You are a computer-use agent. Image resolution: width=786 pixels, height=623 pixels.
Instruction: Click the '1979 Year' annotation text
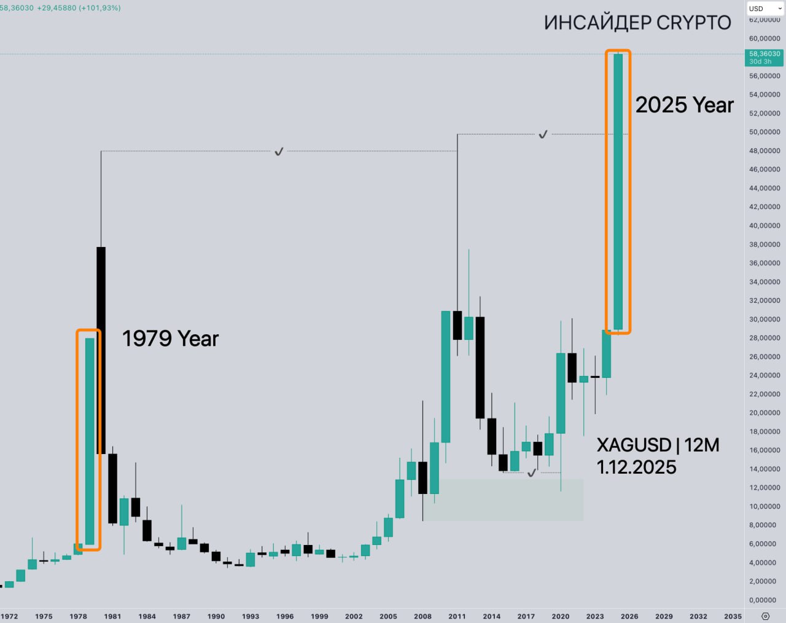click(170, 339)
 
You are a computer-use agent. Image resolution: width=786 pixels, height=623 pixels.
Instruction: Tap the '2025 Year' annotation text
click(684, 105)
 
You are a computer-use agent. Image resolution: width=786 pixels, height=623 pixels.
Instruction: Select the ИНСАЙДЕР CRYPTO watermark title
click(637, 23)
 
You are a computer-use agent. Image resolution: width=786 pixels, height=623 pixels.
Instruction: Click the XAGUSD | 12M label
click(658, 445)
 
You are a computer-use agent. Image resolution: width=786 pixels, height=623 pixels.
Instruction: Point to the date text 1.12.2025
click(636, 467)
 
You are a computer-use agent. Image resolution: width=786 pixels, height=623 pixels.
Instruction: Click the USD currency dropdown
click(765, 9)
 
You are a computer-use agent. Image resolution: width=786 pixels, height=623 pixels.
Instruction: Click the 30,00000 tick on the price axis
click(765, 319)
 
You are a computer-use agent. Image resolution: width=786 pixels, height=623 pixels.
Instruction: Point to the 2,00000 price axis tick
click(765, 581)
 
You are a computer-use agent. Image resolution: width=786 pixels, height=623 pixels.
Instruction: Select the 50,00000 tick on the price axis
click(765, 132)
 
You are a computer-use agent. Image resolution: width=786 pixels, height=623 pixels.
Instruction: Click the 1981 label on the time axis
click(112, 616)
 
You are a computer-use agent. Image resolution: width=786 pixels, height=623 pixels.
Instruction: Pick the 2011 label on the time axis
click(457, 616)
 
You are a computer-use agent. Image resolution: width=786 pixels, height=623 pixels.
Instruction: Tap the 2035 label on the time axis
click(733, 616)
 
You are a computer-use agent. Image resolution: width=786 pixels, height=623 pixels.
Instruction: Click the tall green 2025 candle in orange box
click(618, 192)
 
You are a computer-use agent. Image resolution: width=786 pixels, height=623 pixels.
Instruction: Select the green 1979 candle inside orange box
click(90, 441)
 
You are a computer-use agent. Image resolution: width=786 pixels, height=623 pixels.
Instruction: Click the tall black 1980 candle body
click(101, 350)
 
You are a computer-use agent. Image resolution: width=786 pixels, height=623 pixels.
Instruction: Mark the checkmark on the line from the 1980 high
click(279, 151)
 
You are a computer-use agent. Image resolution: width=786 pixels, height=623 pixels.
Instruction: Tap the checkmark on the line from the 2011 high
click(543, 134)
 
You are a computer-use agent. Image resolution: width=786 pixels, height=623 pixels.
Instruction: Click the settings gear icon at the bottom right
click(765, 616)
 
